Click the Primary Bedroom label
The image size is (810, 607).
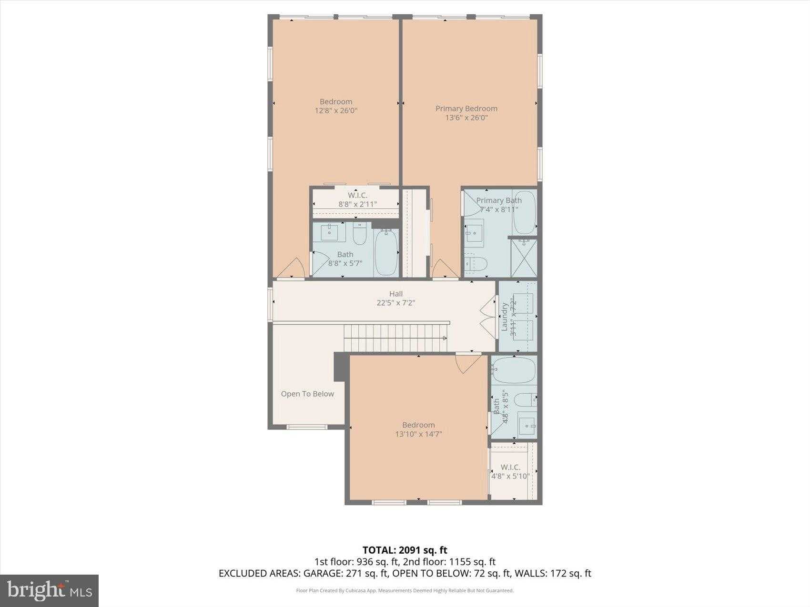click(x=466, y=109)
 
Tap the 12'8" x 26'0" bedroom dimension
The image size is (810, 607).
click(x=336, y=110)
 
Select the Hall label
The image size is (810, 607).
click(x=395, y=294)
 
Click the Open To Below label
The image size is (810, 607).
click(x=307, y=394)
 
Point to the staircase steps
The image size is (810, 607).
click(x=395, y=338)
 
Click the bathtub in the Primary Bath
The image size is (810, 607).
click(x=525, y=212)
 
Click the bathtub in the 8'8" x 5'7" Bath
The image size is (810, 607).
click(x=386, y=252)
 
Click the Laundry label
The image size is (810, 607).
click(x=504, y=317)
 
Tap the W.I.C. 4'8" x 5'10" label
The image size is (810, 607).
click(x=510, y=471)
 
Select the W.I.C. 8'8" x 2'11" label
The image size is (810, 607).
click(x=357, y=199)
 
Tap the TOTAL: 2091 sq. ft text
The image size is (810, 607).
click(x=405, y=551)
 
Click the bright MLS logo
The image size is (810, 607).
click(x=50, y=590)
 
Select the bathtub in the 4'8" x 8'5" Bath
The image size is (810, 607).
click(x=514, y=370)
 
